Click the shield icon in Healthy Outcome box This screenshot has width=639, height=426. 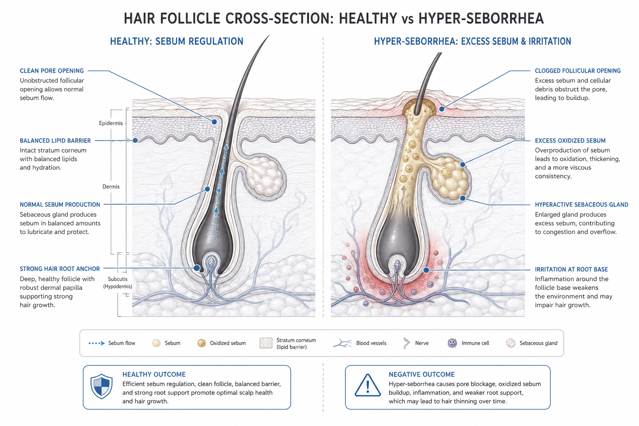(x=101, y=386)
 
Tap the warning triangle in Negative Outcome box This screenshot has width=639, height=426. (x=367, y=386)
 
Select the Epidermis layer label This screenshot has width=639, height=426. (x=111, y=123)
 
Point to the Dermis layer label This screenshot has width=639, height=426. (x=111, y=187)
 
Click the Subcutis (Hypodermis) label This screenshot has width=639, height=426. (x=118, y=282)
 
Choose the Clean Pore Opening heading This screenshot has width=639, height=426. (x=52, y=71)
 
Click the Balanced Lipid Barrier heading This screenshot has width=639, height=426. (x=55, y=141)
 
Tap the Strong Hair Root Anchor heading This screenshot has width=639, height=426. (x=59, y=269)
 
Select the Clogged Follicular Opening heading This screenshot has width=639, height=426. (x=578, y=71)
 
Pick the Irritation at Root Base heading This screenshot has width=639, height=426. (x=571, y=269)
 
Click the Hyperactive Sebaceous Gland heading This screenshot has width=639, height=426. (x=581, y=205)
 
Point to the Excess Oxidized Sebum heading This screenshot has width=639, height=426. (x=570, y=141)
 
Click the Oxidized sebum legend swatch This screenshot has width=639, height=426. (x=202, y=343)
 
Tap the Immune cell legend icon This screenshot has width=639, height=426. (x=452, y=343)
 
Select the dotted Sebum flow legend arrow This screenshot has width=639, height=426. (x=97, y=343)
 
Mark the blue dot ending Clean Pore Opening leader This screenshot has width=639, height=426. (x=214, y=122)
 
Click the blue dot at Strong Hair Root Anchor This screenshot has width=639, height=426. (x=196, y=268)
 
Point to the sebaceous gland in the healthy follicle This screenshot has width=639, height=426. (x=265, y=176)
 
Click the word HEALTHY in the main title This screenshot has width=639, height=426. (x=368, y=19)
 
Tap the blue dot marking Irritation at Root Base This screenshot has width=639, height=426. (x=426, y=270)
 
